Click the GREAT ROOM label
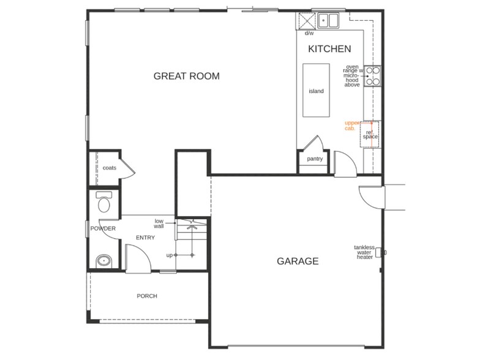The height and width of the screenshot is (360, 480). (186, 77)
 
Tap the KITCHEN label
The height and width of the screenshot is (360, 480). (329, 49)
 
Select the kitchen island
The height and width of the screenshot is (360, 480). (316, 91)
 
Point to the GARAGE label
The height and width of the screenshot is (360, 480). (298, 261)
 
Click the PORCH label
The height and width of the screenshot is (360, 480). (147, 296)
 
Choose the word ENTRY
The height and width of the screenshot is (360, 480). (145, 238)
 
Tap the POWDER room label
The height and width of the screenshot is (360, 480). (103, 229)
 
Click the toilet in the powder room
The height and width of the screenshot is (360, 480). (104, 201)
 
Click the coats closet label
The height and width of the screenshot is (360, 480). (110, 168)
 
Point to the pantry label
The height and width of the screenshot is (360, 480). (315, 159)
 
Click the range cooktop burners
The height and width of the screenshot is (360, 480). (373, 76)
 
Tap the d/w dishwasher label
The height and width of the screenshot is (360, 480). (309, 34)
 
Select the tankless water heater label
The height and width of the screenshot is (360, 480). (364, 252)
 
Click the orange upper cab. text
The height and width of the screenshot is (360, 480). (351, 126)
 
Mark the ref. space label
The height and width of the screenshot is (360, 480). (370, 134)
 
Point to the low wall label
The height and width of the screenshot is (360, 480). (159, 223)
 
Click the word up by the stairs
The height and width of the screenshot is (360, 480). (170, 255)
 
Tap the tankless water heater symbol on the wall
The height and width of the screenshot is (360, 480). (379, 252)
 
